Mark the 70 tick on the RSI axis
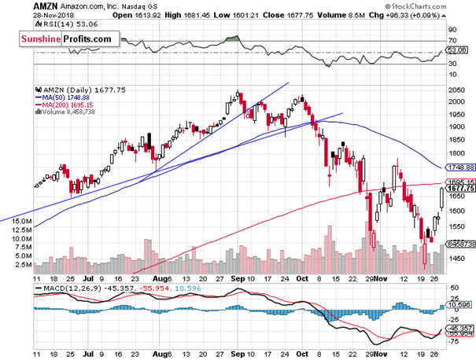[452, 39]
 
